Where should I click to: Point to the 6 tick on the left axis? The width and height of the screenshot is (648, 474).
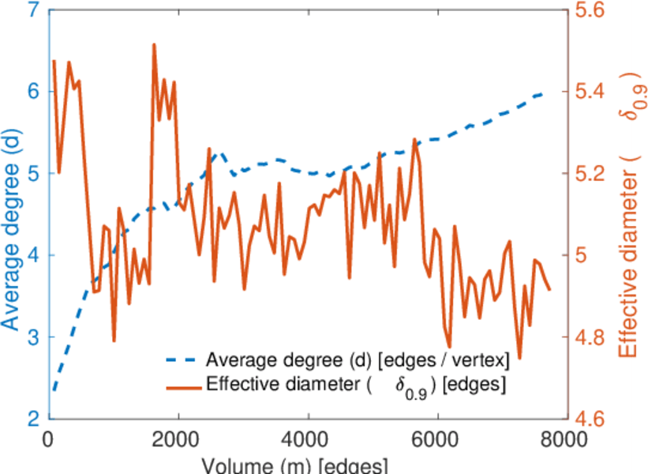[x=33, y=92]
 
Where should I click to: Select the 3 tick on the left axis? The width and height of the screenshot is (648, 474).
[x=33, y=337]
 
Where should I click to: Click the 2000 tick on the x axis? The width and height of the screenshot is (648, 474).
[x=178, y=439]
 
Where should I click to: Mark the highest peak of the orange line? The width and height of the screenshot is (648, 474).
[x=153, y=45]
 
